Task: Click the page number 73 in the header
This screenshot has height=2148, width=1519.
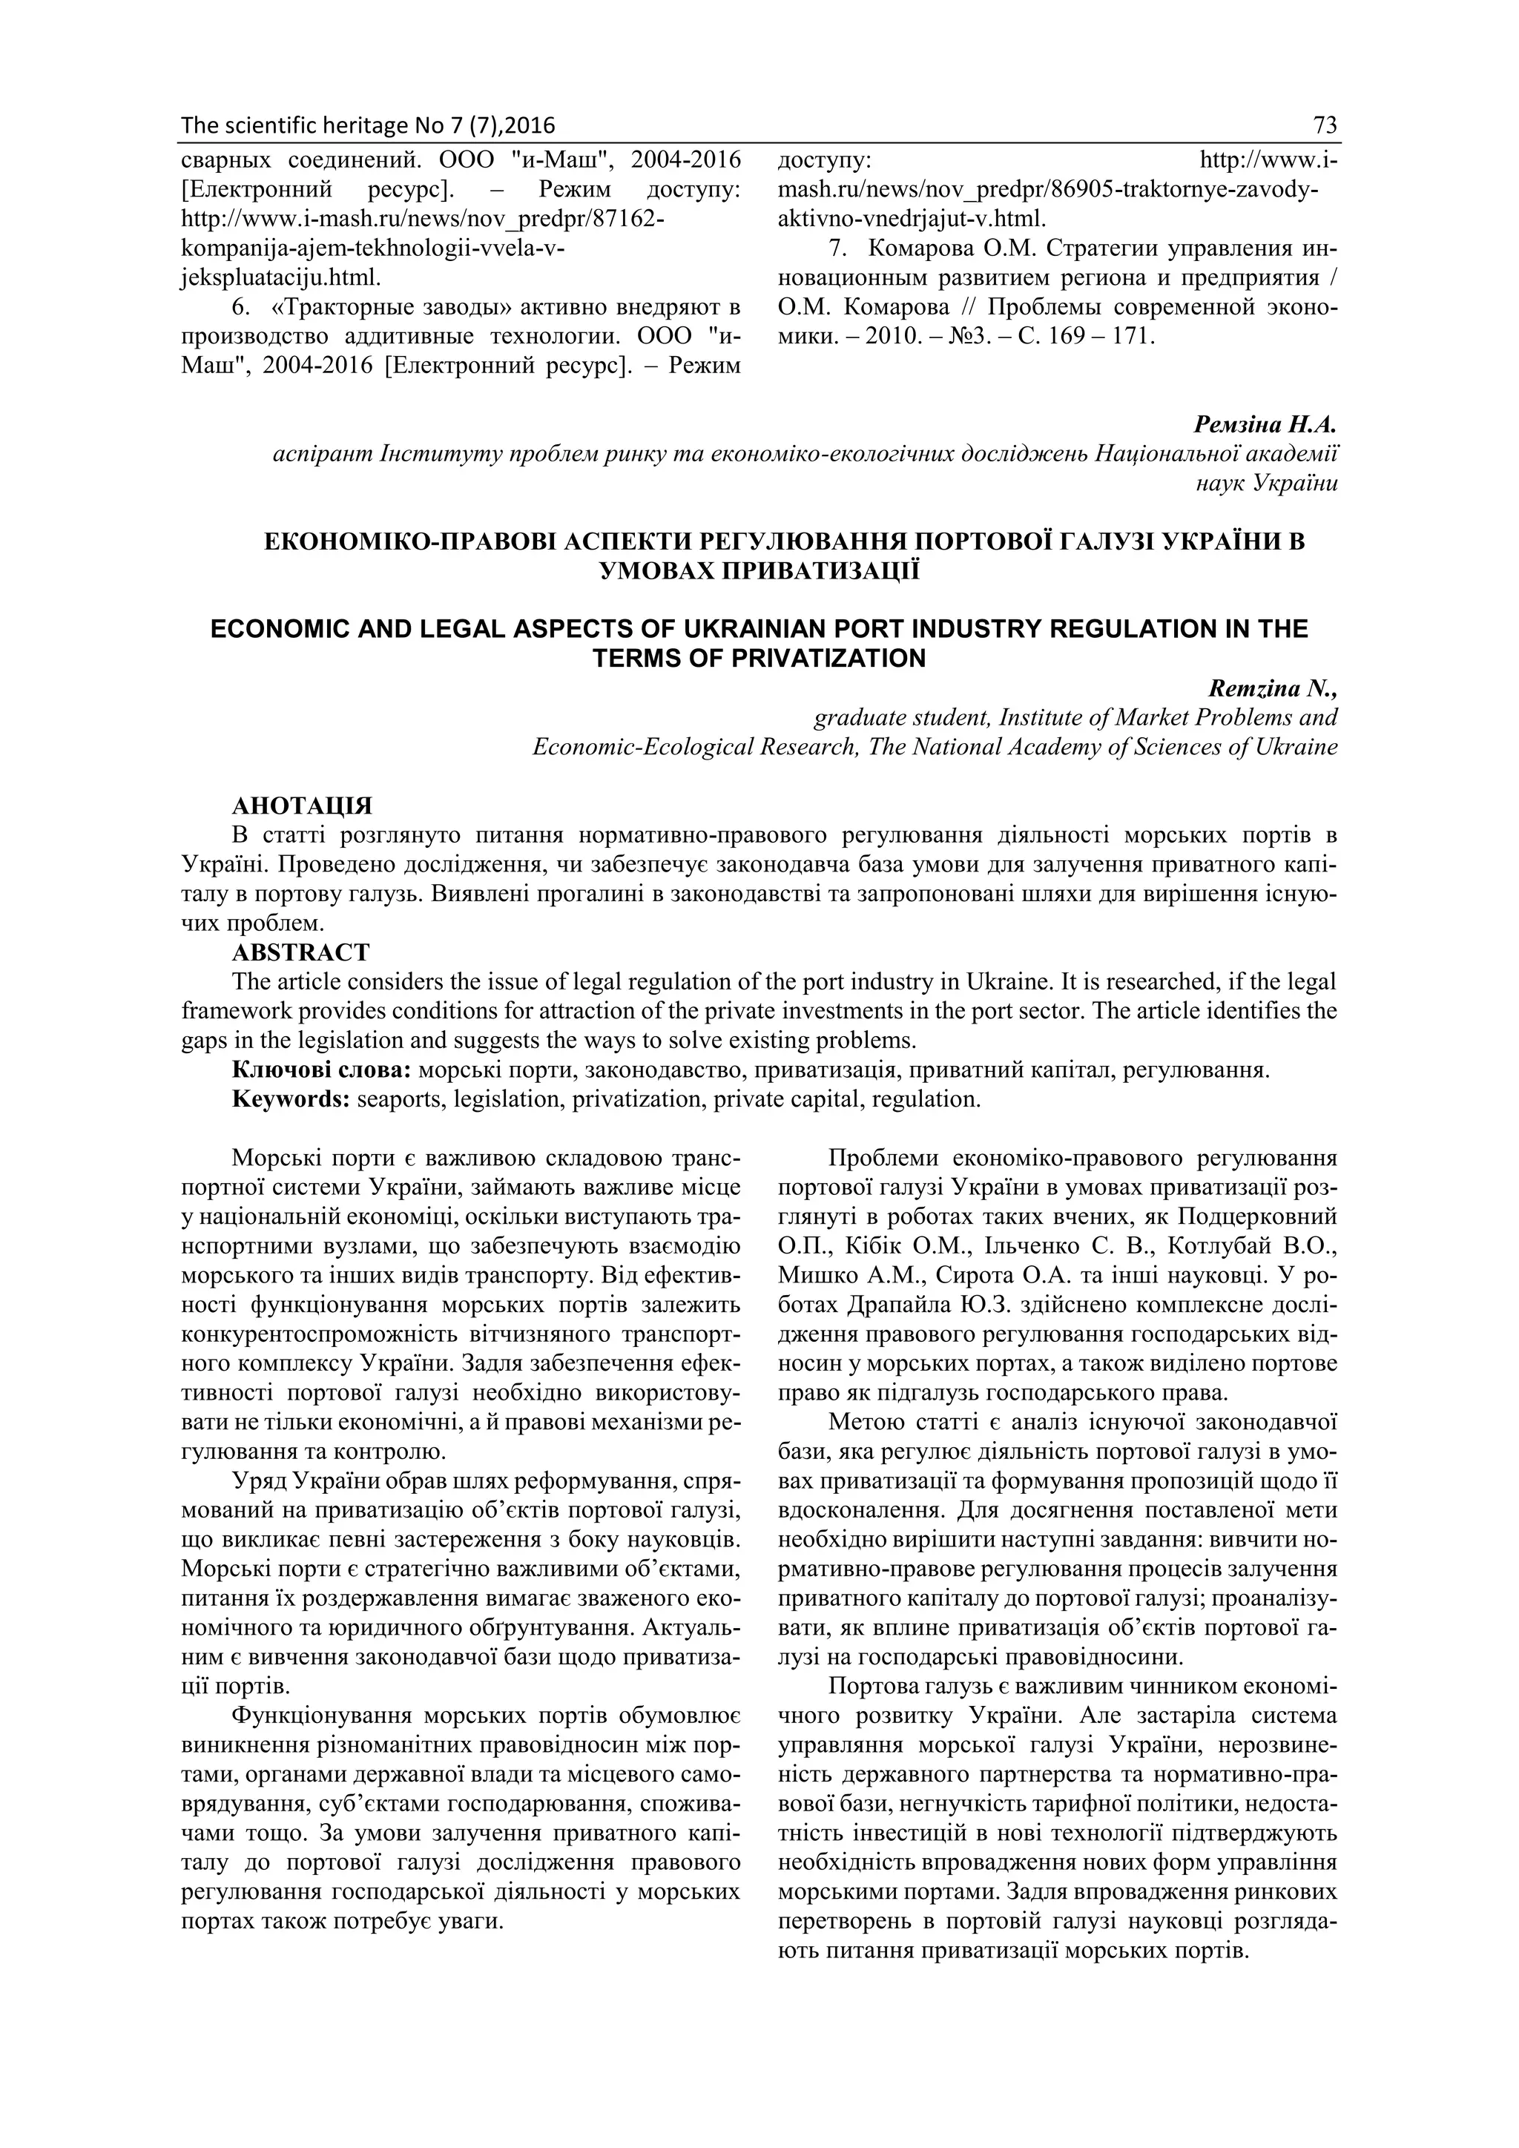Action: point(1325,125)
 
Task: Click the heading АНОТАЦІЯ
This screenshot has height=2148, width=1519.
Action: point(301,805)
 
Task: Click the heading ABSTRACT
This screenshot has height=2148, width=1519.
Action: point(300,952)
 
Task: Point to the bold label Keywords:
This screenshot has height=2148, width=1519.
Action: point(291,1099)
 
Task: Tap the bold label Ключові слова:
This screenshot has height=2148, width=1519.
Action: point(322,1070)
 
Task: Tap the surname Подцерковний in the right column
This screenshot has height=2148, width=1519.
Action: point(1257,1216)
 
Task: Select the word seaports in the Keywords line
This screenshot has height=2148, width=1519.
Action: point(397,1099)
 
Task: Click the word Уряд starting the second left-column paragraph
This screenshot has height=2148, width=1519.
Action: point(259,1481)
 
